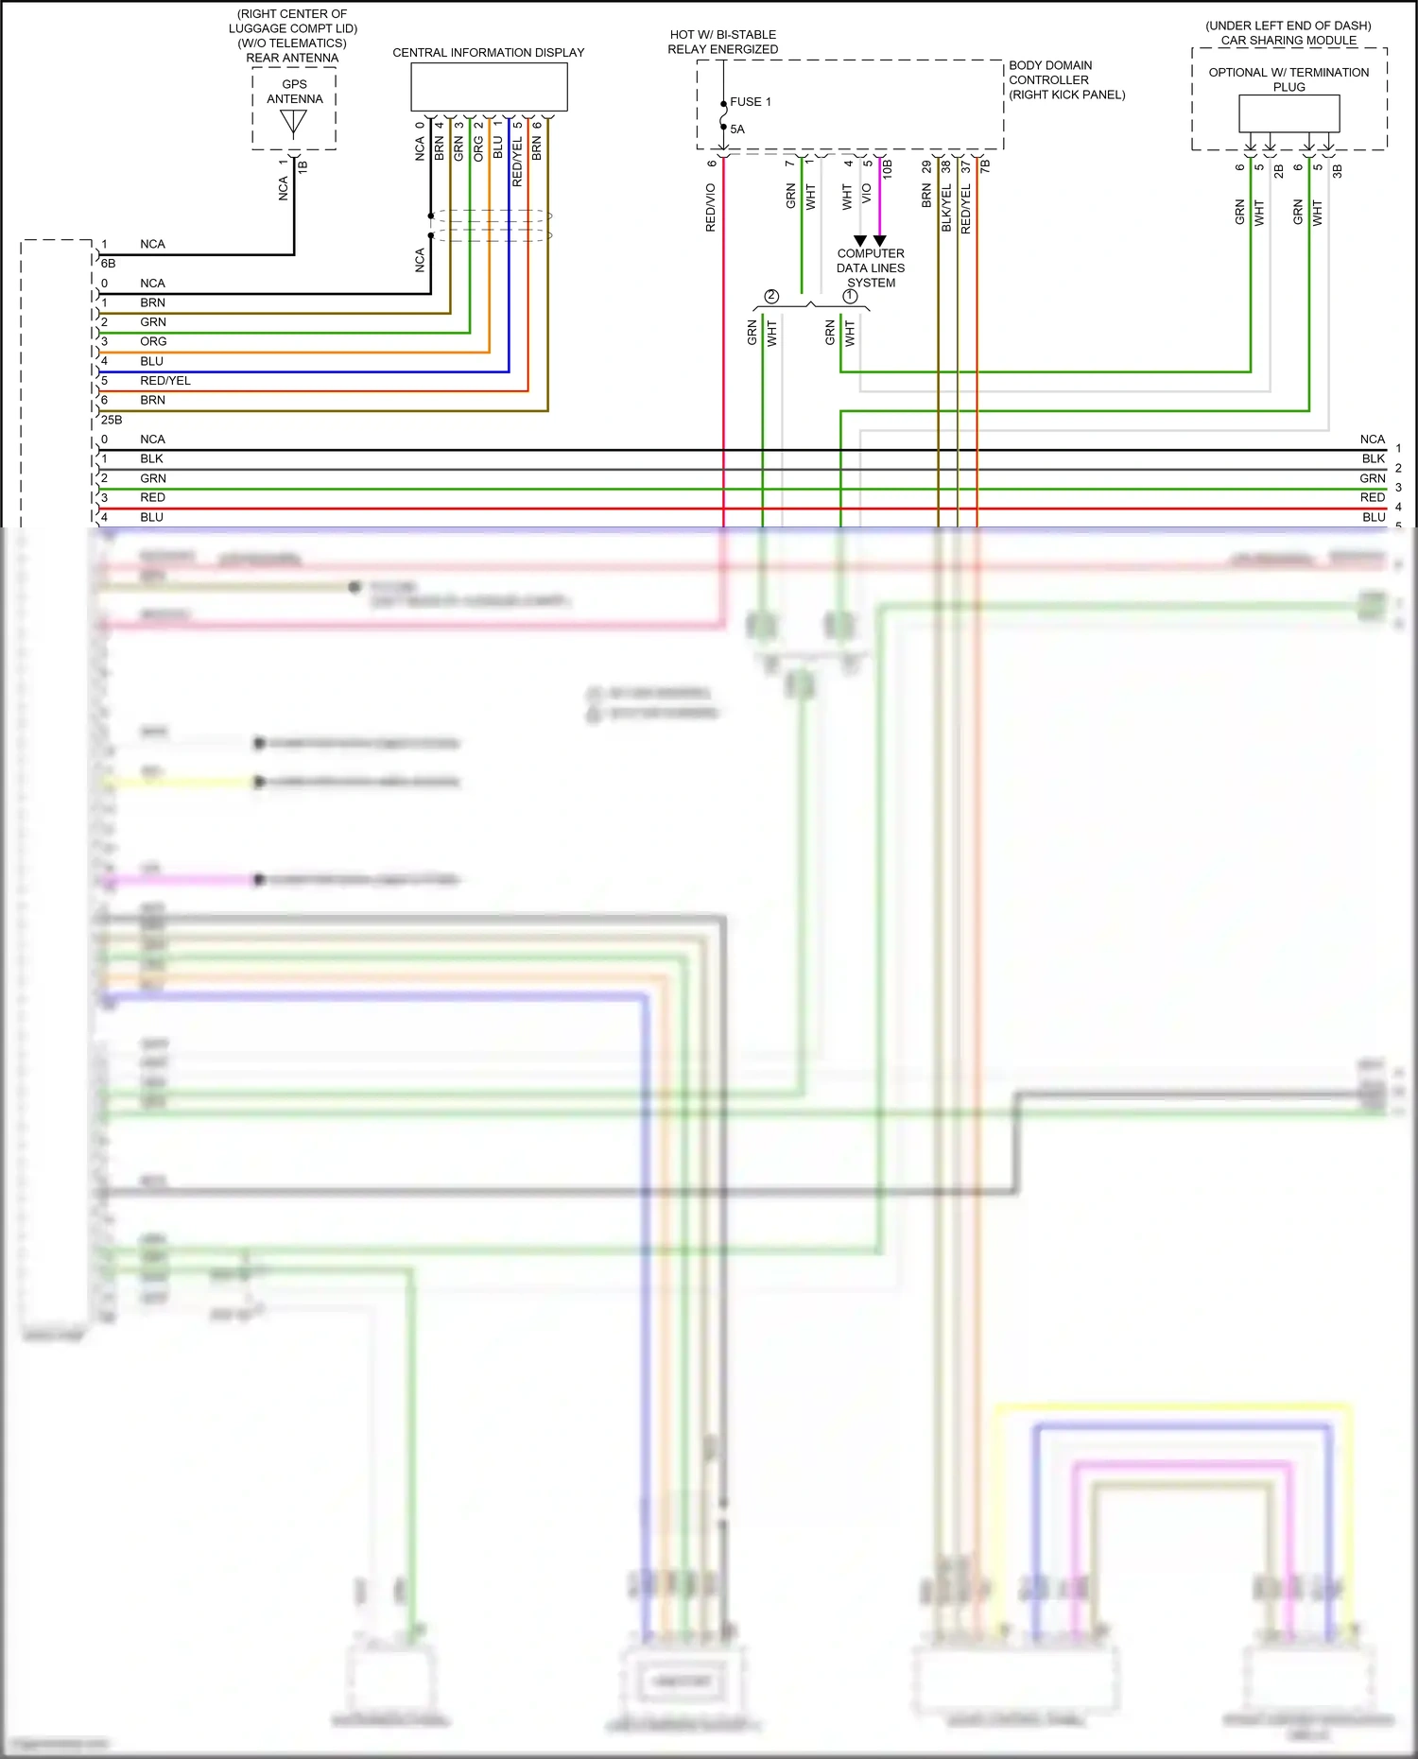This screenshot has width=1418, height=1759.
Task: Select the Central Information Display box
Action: [x=489, y=87]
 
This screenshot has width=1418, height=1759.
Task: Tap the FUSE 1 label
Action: [x=751, y=102]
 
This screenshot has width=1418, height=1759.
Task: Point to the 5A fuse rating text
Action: [x=737, y=129]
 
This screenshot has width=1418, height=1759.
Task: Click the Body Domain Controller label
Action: [x=1065, y=80]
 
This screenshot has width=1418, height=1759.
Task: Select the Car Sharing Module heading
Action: [x=1288, y=41]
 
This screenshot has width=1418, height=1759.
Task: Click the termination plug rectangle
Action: [x=1288, y=114]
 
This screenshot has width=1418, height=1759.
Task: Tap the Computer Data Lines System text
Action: [x=871, y=268]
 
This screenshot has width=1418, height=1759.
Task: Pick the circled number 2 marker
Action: [x=771, y=297]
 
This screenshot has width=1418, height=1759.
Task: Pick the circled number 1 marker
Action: [x=850, y=297]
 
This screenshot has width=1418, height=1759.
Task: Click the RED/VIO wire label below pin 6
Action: [x=711, y=208]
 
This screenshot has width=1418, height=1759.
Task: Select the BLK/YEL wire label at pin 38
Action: [x=946, y=208]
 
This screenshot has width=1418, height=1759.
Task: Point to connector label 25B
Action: [x=112, y=420]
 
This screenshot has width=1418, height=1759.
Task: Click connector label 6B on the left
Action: [x=108, y=264]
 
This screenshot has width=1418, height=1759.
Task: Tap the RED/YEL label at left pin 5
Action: [x=165, y=381]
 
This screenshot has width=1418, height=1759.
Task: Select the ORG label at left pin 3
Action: [x=153, y=342]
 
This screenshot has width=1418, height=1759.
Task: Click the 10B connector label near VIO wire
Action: [x=888, y=169]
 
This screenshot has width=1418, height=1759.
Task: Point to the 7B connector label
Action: [x=985, y=166]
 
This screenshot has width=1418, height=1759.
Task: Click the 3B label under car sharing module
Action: [x=1337, y=171]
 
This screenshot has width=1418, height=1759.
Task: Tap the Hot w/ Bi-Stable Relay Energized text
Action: [x=723, y=43]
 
